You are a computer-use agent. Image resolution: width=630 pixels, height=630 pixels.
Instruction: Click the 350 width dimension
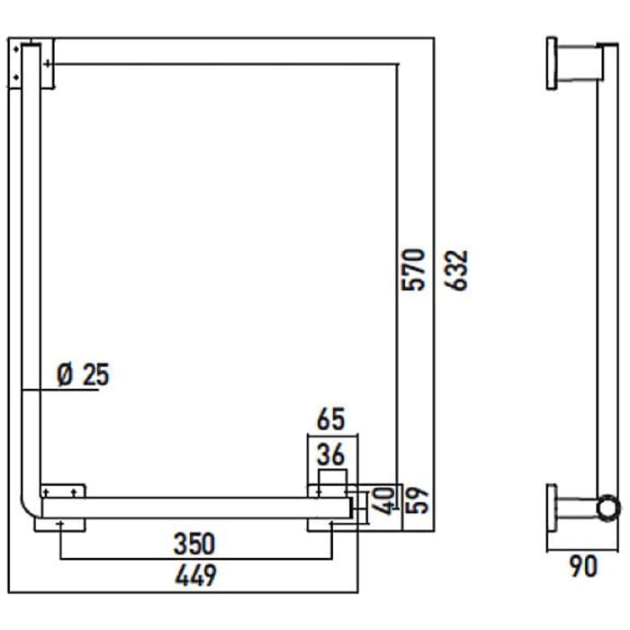tap(194, 544)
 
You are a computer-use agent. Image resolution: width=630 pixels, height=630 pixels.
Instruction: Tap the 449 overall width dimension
tap(194, 573)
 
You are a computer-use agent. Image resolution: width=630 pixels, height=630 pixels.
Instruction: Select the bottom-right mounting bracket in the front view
tap(331, 507)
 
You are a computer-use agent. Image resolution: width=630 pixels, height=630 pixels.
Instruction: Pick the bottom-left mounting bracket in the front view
tap(60, 507)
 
